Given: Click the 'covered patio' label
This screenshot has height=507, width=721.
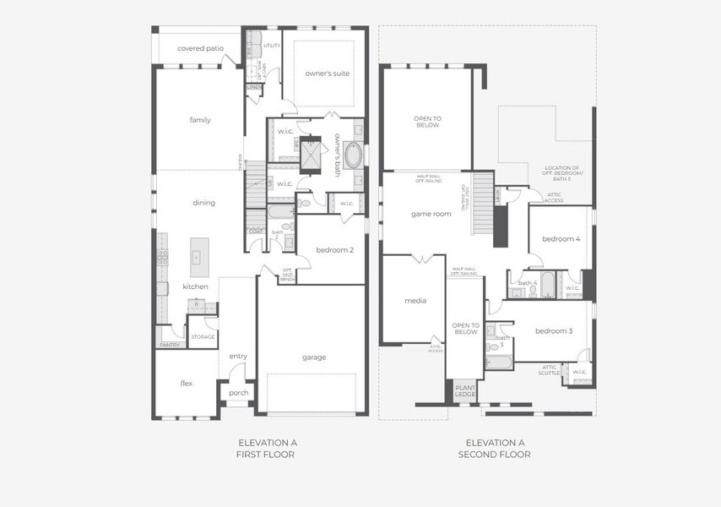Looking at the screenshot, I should pos(200,48).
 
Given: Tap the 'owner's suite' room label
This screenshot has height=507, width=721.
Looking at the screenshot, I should pos(327,74).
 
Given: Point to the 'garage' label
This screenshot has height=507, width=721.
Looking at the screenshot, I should pos(314,357).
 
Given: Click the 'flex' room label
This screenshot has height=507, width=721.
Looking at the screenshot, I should pos(187,384).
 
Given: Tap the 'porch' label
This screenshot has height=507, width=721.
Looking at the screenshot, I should pos(239,393).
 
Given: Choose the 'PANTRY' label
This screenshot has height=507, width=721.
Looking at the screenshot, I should pos(170,345).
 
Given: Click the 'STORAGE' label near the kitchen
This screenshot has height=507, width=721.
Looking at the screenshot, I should pos(203,337).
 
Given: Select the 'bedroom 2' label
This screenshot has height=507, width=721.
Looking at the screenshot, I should pos(334,250).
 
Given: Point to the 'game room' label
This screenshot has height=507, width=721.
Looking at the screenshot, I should pos(431,214).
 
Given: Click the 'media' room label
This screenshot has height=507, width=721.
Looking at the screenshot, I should pos(415,301).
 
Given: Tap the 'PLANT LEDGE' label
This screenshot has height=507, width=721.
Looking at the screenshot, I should pos(465,392).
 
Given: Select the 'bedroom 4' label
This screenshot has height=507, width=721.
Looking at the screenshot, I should pos(561,239).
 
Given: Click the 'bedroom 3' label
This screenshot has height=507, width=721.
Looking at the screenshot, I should pos(553,330).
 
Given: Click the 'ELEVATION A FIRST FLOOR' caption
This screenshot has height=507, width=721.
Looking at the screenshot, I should pos(267,448).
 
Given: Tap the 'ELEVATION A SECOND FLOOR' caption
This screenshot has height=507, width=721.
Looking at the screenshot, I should pos(494,448).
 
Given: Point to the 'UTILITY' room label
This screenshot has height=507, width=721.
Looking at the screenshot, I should pos(272,46).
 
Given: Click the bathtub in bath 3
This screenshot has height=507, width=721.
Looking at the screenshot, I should pos(498,363).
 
